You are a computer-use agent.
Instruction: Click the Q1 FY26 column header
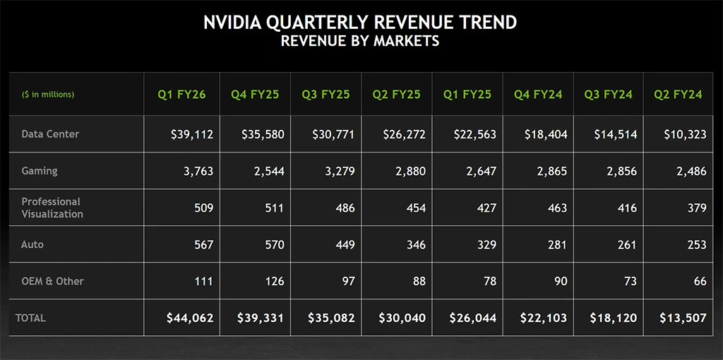coord(182,95)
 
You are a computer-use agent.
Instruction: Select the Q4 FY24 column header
coord(538,95)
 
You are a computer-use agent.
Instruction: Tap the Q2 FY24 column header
coord(678,95)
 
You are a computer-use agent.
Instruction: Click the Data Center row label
coord(50,134)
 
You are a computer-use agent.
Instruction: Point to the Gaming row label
coord(40,171)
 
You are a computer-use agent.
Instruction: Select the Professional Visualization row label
coord(52,208)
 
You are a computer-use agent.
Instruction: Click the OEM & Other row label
coord(53,281)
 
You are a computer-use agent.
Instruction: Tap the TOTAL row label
coord(31,318)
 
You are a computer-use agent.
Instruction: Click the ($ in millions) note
coord(48,95)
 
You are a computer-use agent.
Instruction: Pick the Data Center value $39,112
coord(192,134)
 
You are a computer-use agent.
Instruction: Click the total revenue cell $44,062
coord(190,318)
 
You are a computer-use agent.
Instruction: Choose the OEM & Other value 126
coord(271,281)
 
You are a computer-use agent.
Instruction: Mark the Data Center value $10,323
coord(685,134)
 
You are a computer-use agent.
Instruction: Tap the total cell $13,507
coord(684,318)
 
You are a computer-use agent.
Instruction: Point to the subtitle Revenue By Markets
coord(360,41)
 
